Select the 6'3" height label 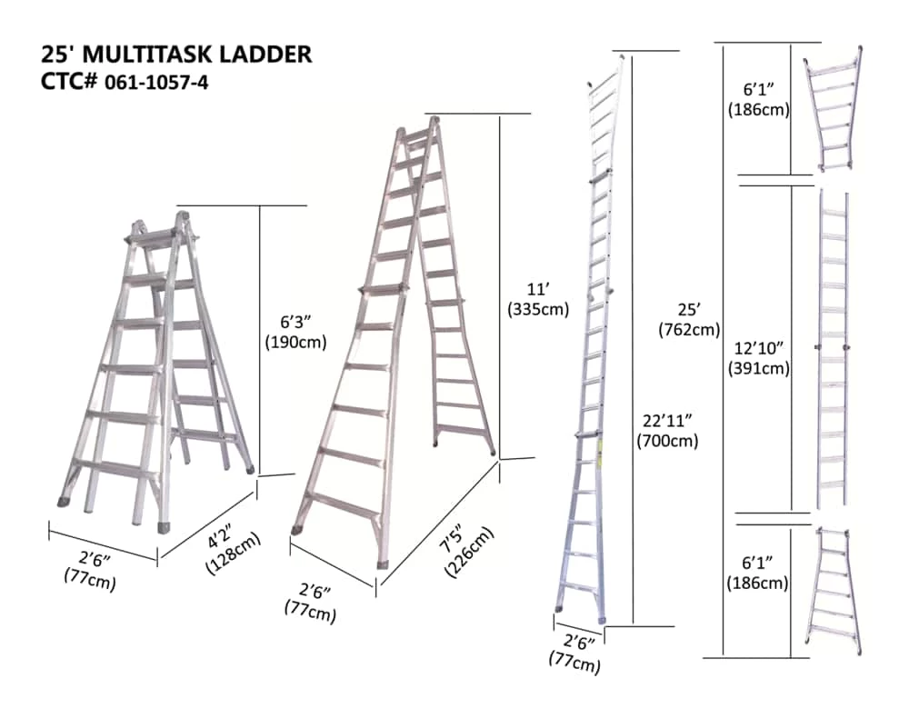(x=295, y=333)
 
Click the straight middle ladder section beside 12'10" (x=833, y=350)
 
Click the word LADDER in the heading (x=268, y=55)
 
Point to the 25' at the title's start (x=58, y=55)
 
